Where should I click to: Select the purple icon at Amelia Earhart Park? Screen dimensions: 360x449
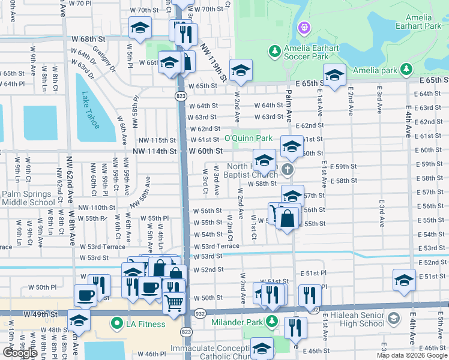click(x=304, y=28)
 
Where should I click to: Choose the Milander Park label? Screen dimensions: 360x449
click(x=237, y=322)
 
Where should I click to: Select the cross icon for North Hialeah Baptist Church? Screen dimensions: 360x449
click(x=288, y=170)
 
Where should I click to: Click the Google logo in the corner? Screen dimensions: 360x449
click(x=19, y=352)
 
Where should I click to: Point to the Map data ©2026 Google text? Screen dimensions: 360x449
click(x=411, y=355)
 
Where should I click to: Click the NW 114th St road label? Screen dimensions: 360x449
click(x=154, y=152)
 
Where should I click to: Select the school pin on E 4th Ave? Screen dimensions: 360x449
click(x=404, y=280)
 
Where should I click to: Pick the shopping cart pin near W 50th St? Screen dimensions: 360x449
click(x=173, y=302)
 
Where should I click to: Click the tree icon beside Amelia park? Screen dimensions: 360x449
click(x=407, y=70)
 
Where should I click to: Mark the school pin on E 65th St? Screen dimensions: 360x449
click(x=334, y=75)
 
